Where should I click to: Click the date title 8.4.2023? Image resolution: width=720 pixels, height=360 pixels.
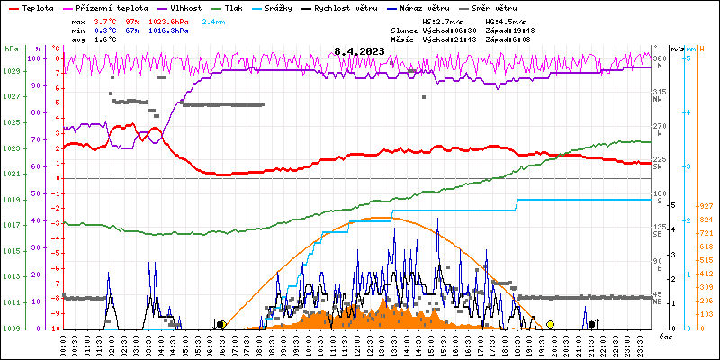point(360,51)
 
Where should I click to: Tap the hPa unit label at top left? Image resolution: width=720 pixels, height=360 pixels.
point(11,48)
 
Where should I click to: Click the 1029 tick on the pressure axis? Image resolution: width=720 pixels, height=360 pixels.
point(11,71)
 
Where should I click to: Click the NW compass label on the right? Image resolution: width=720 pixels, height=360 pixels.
point(658,100)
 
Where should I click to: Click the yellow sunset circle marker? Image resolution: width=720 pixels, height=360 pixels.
point(550,324)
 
